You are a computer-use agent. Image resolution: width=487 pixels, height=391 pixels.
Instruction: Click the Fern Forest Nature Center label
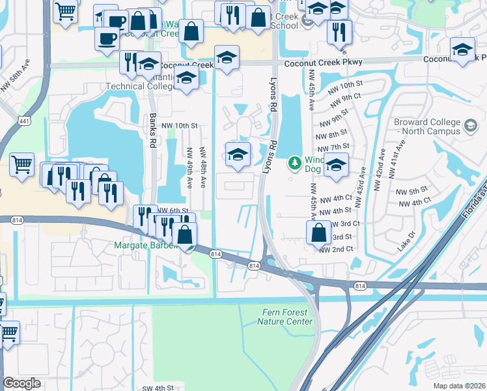(285, 317)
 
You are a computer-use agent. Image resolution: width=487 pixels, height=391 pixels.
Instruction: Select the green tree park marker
(295, 162)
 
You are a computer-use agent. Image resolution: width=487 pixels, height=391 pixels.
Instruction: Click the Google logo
(22, 383)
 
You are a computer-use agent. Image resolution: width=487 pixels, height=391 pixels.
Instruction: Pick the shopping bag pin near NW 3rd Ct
(318, 232)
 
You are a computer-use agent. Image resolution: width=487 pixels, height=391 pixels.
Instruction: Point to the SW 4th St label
(158, 387)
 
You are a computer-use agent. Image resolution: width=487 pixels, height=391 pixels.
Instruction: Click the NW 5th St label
(410, 192)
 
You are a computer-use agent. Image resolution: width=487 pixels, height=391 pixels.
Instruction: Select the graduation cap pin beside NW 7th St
(336, 167)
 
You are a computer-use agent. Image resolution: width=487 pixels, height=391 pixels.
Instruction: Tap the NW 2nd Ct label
(336, 249)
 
